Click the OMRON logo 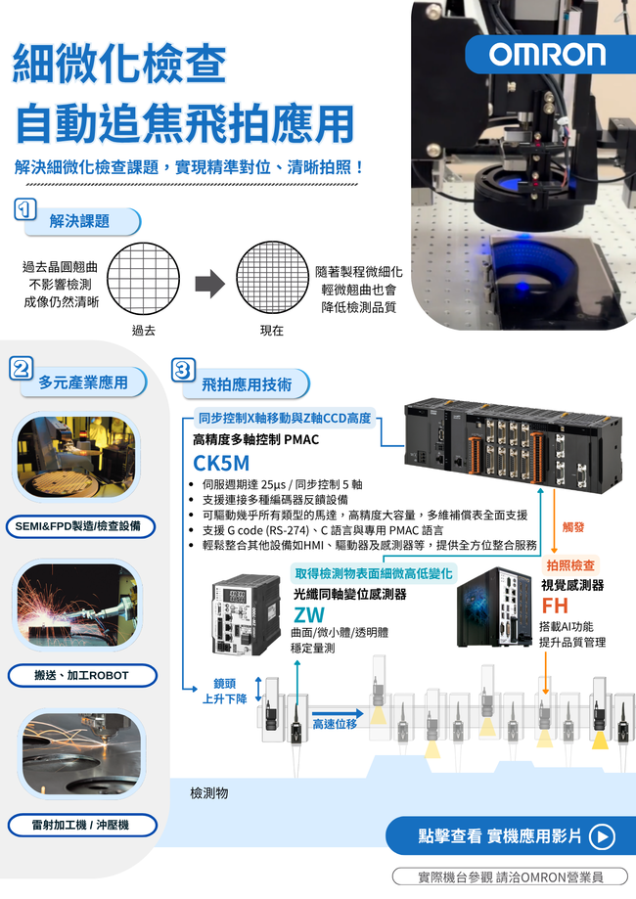click(x=548, y=55)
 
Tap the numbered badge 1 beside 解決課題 click(x=24, y=209)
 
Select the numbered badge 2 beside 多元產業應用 click(x=22, y=368)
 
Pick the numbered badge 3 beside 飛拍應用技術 click(x=184, y=370)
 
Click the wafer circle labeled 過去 click(x=144, y=279)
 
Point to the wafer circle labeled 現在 click(x=272, y=278)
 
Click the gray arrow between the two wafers click(x=210, y=284)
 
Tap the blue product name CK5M click(x=221, y=463)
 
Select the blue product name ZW click(x=309, y=615)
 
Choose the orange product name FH click(x=555, y=606)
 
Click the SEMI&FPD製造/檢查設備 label click(x=80, y=526)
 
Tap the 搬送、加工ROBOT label click(x=82, y=675)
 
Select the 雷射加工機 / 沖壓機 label click(x=82, y=825)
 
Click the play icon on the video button click(x=602, y=836)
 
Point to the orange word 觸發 click(x=573, y=527)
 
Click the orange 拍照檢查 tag click(x=570, y=565)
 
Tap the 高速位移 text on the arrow click(x=335, y=724)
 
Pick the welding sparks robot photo click(x=77, y=605)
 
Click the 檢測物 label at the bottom click(x=209, y=793)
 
